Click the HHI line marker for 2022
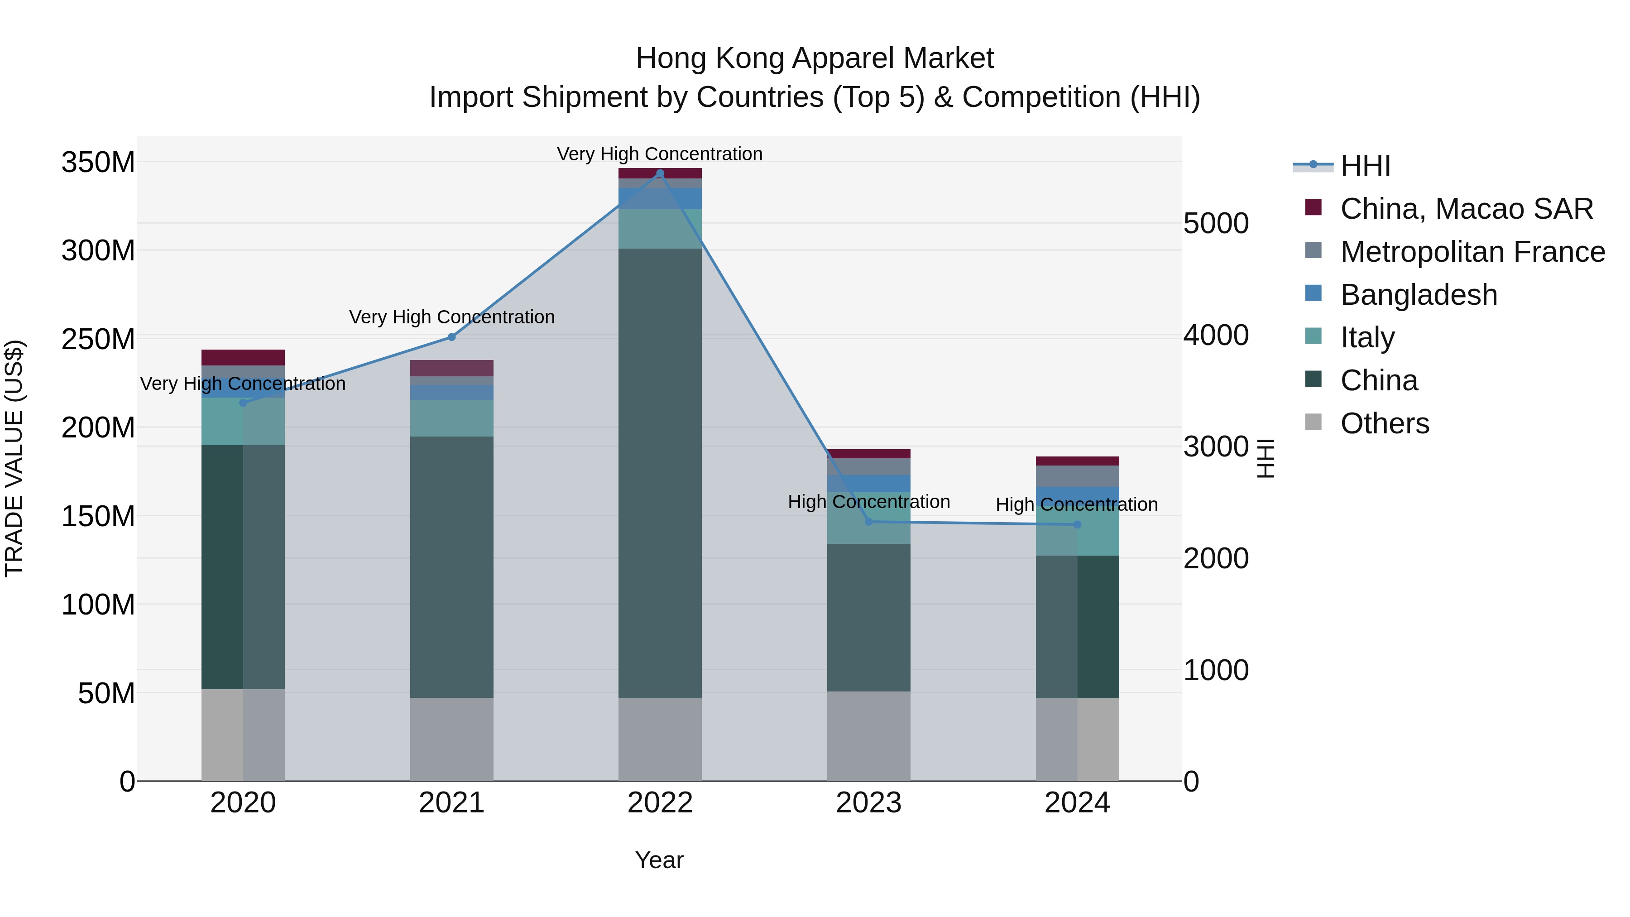click(x=660, y=173)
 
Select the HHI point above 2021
click(x=452, y=337)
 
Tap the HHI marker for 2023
click(x=869, y=522)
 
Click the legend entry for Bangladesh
click(x=1418, y=295)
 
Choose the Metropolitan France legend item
click(x=1472, y=252)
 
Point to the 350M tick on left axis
click(x=98, y=163)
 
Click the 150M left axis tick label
click(x=98, y=516)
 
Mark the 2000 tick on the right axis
click(x=1216, y=558)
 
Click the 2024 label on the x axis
click(x=1077, y=803)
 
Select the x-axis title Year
click(x=659, y=860)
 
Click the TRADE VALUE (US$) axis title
click(x=14, y=458)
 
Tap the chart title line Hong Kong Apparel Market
click(x=815, y=58)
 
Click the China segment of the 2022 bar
click(x=660, y=473)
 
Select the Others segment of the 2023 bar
click(x=869, y=736)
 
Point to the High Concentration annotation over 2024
click(x=1077, y=505)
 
